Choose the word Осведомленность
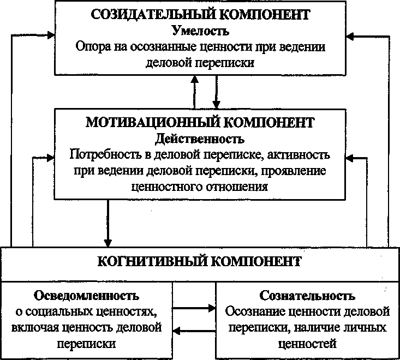pos(87,296)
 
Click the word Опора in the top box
pos(92,46)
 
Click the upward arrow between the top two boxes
pos(194,91)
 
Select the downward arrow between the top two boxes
pos(217,91)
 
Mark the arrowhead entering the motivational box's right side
pos(351,157)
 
